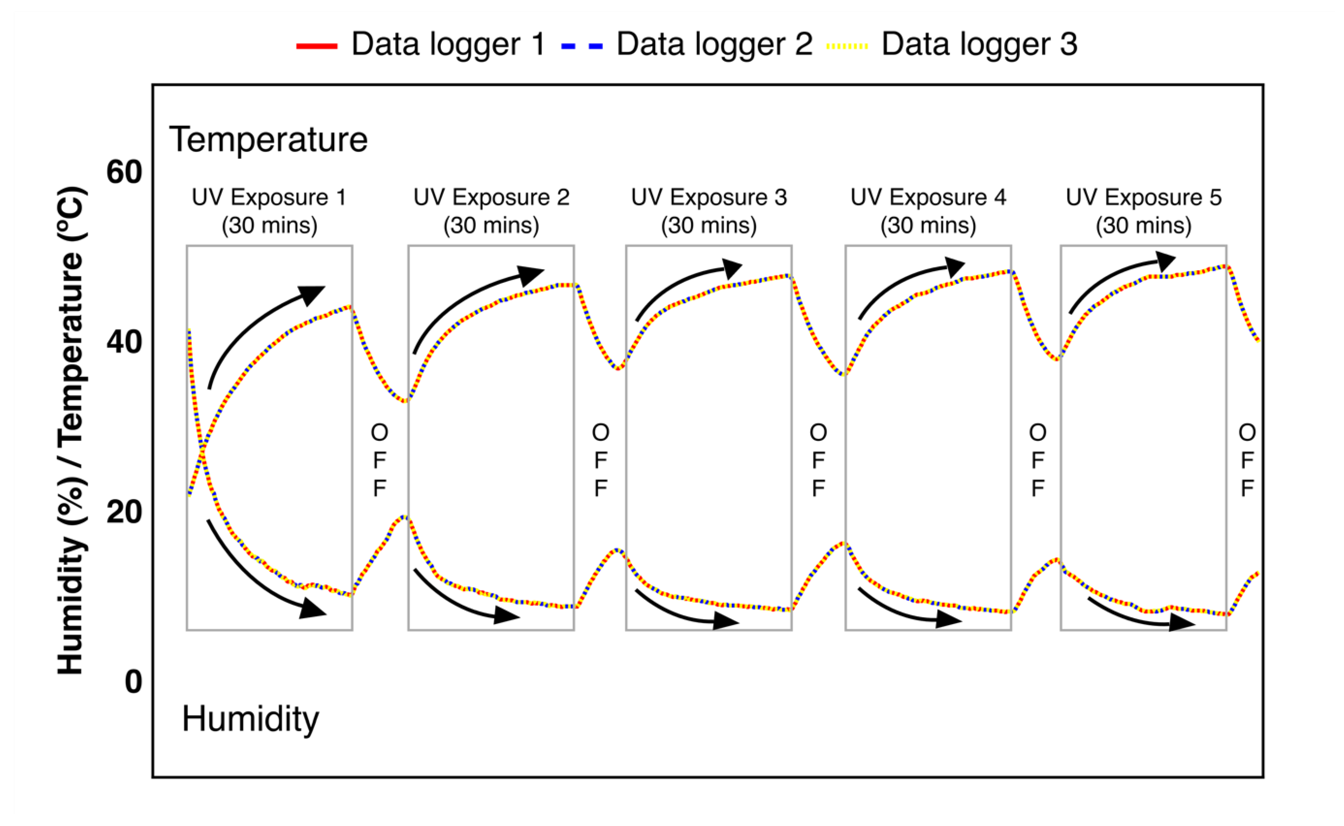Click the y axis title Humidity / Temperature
71,430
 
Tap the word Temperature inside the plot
268,139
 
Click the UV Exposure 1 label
269,211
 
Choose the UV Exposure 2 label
491,211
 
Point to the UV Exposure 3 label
709,211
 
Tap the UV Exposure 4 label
928,211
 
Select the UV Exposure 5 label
1143,211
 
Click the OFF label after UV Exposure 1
380,460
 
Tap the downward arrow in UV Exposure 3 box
683,612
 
